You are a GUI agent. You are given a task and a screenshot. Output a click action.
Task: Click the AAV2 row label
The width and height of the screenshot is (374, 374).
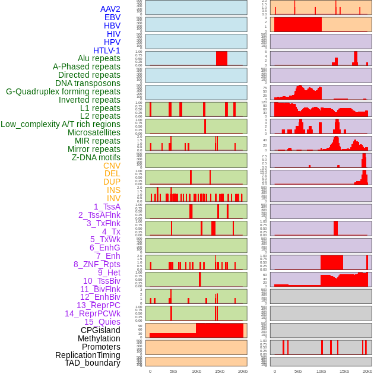tap(110, 9)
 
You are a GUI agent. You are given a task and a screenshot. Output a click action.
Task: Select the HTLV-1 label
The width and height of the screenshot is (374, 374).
tap(106, 50)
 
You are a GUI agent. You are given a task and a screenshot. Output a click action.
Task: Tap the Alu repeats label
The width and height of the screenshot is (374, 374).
tap(99, 58)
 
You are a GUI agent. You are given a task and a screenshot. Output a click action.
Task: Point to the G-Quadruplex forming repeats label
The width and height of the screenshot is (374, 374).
tap(63, 91)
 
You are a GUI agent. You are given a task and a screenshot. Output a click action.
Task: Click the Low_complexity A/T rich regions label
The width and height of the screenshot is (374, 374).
tap(61, 124)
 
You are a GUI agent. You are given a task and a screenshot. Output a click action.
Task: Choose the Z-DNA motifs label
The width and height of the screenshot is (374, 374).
tap(96, 157)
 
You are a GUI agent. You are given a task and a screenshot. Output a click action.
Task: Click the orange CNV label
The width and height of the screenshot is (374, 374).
tap(112, 166)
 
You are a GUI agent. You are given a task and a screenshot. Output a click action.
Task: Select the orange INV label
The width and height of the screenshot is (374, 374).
tap(113, 198)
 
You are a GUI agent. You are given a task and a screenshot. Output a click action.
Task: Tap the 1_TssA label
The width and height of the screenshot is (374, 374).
tap(107, 207)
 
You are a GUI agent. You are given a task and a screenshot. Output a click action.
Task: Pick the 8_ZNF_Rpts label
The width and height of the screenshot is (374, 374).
tap(97, 264)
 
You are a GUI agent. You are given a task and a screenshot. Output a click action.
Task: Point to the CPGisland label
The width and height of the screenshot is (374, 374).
tap(100, 330)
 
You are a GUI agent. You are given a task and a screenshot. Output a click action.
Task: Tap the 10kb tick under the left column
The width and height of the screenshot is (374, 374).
tap(196, 371)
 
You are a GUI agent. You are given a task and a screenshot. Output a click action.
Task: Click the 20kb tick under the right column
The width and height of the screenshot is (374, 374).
tap(367, 371)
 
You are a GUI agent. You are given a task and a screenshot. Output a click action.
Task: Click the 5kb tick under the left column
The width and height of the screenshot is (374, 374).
tap(173, 371)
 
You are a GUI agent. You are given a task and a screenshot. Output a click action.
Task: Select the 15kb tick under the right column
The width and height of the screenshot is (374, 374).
tap(344, 371)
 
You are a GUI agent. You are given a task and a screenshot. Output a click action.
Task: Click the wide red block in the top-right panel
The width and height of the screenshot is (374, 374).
tap(297, 24)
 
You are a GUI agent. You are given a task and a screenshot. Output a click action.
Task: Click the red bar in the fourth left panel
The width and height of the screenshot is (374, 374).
tap(221, 58)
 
